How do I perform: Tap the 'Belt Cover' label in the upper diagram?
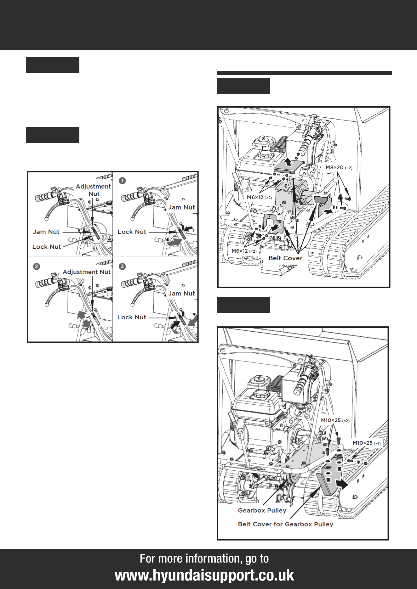click(x=285, y=258)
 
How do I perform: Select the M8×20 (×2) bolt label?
click(x=339, y=168)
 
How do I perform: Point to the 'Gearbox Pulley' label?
click(x=262, y=510)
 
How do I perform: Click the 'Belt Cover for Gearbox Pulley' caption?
click(x=286, y=524)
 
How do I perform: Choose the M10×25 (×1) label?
click(x=367, y=443)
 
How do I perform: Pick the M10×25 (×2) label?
click(x=335, y=420)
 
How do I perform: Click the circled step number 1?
click(x=122, y=181)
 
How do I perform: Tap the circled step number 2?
click(x=37, y=266)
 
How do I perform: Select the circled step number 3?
click(x=122, y=266)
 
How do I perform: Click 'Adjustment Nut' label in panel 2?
click(x=87, y=272)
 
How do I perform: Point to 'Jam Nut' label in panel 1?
click(x=181, y=207)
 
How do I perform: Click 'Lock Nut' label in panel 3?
click(x=132, y=317)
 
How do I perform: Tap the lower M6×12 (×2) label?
click(x=244, y=251)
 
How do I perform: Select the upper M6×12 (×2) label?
click(x=259, y=198)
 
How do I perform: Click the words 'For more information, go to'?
click(x=204, y=559)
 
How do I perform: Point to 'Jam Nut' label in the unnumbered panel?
click(x=46, y=232)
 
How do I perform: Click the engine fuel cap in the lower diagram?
click(x=260, y=393)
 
